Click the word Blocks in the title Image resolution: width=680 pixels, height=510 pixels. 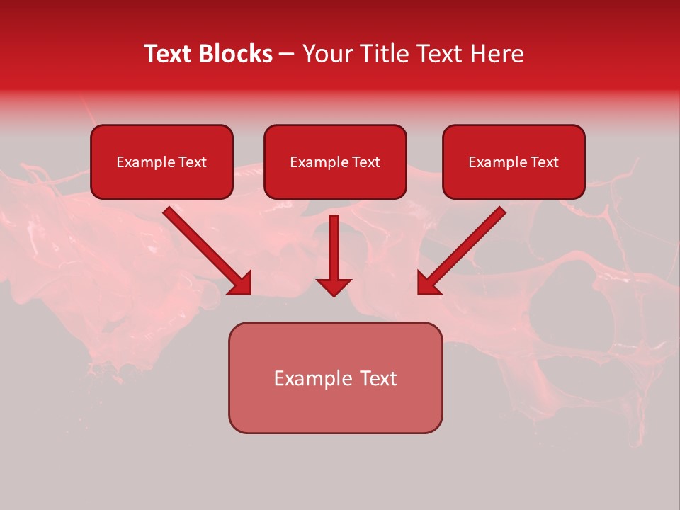(x=237, y=54)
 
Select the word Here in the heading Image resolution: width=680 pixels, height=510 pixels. (x=495, y=54)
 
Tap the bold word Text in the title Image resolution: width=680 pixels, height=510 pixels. (x=170, y=54)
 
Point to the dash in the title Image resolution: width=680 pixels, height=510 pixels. (x=287, y=55)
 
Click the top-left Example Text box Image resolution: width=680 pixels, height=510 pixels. (x=161, y=161)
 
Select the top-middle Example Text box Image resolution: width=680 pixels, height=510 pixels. (x=335, y=161)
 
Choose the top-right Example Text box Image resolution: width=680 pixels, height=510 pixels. (x=514, y=161)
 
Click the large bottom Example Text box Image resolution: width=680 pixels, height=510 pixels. (x=335, y=378)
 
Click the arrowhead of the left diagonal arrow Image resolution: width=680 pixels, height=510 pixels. (x=241, y=283)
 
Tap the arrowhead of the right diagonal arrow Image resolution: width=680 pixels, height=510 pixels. (x=429, y=283)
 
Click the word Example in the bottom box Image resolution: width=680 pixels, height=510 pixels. (x=312, y=378)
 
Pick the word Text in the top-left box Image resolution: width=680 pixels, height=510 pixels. (x=193, y=162)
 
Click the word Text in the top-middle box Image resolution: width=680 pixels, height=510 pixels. (x=366, y=162)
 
